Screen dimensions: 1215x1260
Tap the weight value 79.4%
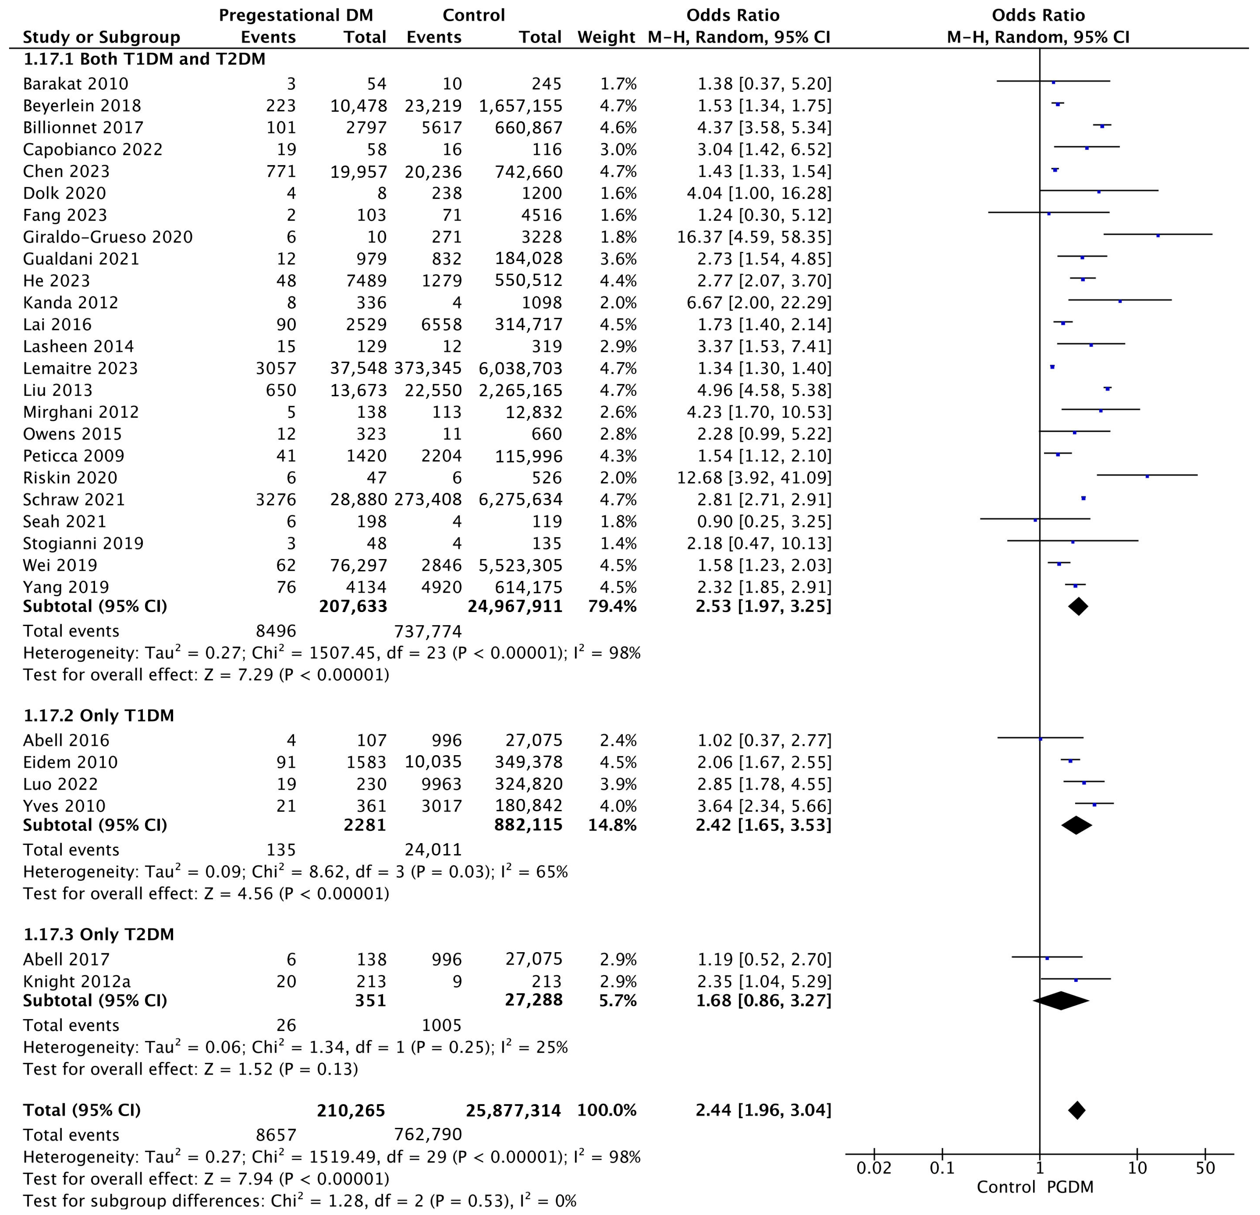(x=612, y=606)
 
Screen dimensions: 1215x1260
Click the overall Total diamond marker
(x=1076, y=1110)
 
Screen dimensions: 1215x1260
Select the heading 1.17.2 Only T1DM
(x=98, y=715)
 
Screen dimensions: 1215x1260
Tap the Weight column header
(x=606, y=37)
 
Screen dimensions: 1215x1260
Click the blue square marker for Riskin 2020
(x=1147, y=476)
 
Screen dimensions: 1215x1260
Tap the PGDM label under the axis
(x=1070, y=1187)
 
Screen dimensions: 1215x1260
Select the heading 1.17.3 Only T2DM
(x=98, y=934)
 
